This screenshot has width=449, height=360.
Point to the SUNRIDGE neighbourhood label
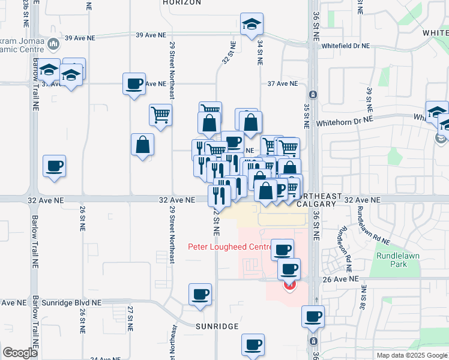[217, 326]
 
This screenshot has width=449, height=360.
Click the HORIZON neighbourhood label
[182, 3]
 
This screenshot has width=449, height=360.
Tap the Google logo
[20, 353]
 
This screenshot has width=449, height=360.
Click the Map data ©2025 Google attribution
[412, 355]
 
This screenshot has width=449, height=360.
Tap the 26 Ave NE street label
[342, 279]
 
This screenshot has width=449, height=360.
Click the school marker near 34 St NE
[251, 25]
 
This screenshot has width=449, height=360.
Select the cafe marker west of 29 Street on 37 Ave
[134, 83]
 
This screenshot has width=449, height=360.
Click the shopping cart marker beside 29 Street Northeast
[160, 115]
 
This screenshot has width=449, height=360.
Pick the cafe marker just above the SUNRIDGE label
[200, 295]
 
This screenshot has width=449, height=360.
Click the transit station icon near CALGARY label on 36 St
[313, 95]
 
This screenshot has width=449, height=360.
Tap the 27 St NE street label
[130, 318]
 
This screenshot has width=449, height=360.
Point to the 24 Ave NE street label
[102, 359]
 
